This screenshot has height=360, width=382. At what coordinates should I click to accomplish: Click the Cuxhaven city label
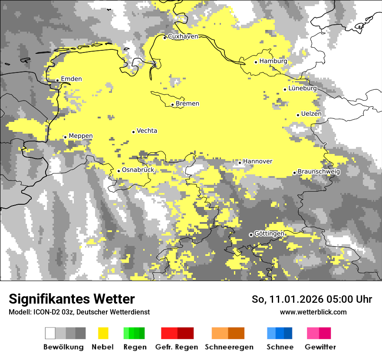point(183,36)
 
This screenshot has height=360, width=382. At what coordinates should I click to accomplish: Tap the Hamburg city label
point(273,61)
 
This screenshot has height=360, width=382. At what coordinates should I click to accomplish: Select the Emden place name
point(71,79)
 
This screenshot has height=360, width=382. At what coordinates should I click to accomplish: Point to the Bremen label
point(188,104)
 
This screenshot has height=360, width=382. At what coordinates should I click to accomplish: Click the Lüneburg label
point(303,88)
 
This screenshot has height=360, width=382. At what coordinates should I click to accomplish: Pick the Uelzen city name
point(311,114)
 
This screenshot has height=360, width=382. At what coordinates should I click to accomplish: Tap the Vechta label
point(147,131)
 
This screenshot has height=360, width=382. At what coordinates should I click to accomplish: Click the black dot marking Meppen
point(65,137)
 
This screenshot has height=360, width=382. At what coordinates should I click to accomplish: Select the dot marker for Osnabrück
point(119,171)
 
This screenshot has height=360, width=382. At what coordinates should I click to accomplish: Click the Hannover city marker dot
point(240,163)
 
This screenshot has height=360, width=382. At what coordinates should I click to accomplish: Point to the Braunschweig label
point(319,172)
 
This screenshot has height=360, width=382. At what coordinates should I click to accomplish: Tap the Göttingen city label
point(269,234)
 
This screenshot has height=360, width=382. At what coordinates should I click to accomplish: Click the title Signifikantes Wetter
point(72,299)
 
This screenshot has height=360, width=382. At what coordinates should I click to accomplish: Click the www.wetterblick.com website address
point(313,312)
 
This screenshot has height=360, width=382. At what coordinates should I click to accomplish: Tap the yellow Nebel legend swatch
point(103,333)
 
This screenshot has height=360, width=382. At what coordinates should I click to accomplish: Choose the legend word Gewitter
point(320,347)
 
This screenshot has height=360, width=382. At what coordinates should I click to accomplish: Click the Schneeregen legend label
point(229,347)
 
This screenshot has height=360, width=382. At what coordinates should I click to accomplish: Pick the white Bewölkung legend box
point(50,333)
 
